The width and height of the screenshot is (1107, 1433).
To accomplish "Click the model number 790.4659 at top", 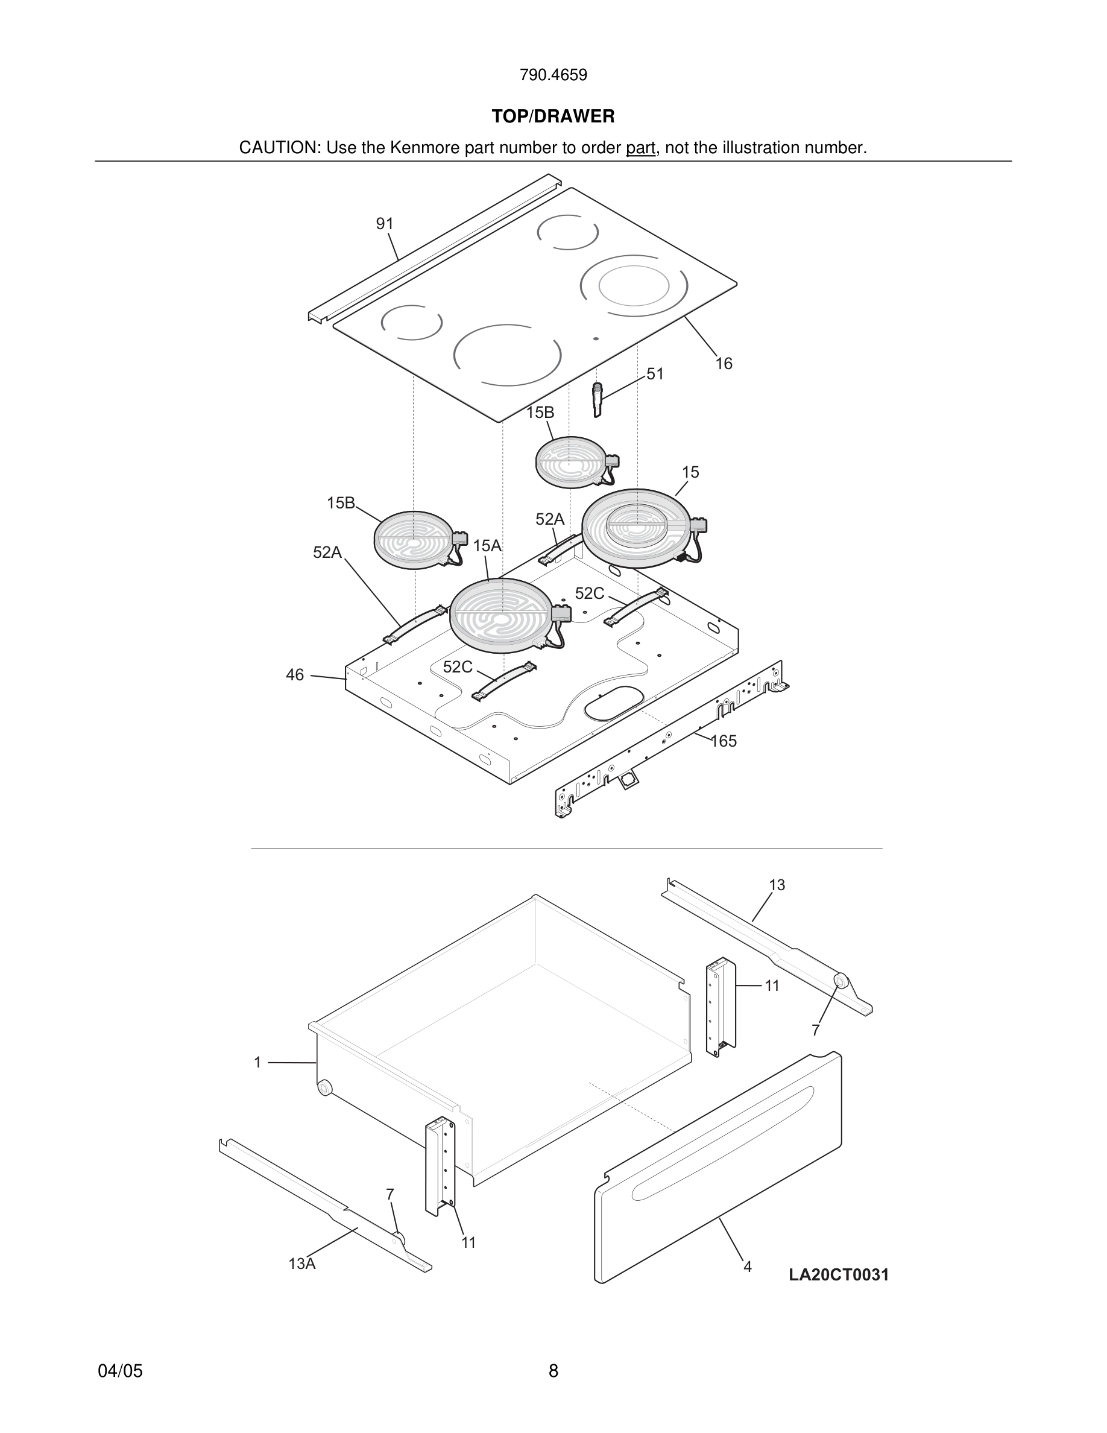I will point(553,75).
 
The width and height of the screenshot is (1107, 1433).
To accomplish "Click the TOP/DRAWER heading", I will point(553,117).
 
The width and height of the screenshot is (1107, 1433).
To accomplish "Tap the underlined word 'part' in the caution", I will point(640,148).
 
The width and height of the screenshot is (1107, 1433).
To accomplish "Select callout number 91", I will point(384,224).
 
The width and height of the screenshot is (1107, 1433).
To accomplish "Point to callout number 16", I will point(724,364).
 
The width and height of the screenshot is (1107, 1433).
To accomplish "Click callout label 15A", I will point(487,546).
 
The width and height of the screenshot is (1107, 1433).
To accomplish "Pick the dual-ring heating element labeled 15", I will point(636,528).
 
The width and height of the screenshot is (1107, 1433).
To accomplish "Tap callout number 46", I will point(294,674).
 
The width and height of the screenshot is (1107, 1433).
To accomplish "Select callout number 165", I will point(724,741).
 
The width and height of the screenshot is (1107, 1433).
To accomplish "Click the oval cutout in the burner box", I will point(613,701).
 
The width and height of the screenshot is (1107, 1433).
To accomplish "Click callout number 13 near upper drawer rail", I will point(777,885).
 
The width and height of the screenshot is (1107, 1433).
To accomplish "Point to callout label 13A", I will point(301,1264).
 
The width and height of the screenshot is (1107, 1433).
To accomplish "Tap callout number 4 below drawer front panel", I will point(747,1267).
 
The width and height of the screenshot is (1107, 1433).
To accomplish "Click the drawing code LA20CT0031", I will point(838,1275).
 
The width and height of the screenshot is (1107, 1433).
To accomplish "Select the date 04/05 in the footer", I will point(120,1371).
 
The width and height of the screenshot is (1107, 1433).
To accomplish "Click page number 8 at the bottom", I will point(553,1371).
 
